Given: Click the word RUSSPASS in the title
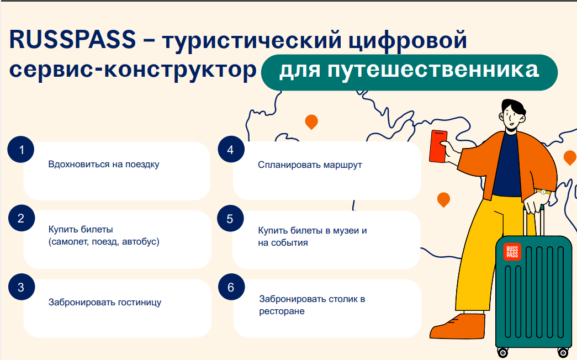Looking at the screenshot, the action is point(72,40).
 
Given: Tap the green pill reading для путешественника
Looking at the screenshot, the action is point(409,72).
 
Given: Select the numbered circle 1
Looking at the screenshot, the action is point(21,150).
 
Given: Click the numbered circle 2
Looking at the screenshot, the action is point(22,218).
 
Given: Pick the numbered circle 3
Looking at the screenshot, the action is point(22,287).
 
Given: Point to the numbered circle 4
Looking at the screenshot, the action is point(231,150).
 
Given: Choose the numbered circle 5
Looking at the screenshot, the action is point(230,219).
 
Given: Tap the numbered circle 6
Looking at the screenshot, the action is point(231,287).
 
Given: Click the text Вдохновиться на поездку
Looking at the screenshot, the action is point(104,165).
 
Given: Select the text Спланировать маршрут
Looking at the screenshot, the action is point(310,165).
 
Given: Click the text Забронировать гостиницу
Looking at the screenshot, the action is point(105,302).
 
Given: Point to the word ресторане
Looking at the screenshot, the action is point(282,311).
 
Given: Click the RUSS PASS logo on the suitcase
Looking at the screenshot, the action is point(512,252).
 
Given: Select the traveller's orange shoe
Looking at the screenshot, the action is point(458,326).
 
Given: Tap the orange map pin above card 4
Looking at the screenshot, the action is point(311,121).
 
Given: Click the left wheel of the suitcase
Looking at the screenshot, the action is point(502,352).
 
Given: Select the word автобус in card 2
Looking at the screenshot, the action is point(141,242).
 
